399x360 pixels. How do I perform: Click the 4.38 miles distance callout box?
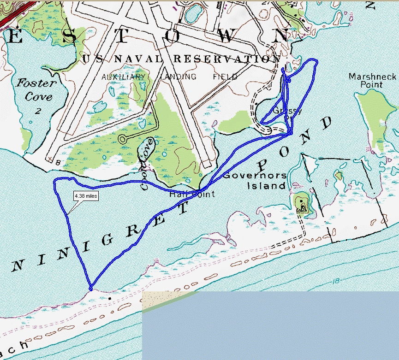(x=86, y=196)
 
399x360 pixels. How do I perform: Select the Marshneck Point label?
(x=366, y=80)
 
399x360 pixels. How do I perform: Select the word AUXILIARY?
(x=123, y=77)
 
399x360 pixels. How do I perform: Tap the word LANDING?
(x=179, y=77)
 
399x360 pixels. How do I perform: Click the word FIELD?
(x=225, y=77)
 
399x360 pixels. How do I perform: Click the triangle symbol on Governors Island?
(x=303, y=208)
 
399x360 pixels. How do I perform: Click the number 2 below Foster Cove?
(x=38, y=111)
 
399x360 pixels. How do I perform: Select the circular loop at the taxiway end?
(x=123, y=138)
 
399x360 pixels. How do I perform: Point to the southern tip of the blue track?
(x=91, y=289)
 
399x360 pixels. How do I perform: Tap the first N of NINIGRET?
(x=18, y=265)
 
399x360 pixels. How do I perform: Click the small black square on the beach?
(x=110, y=298)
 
